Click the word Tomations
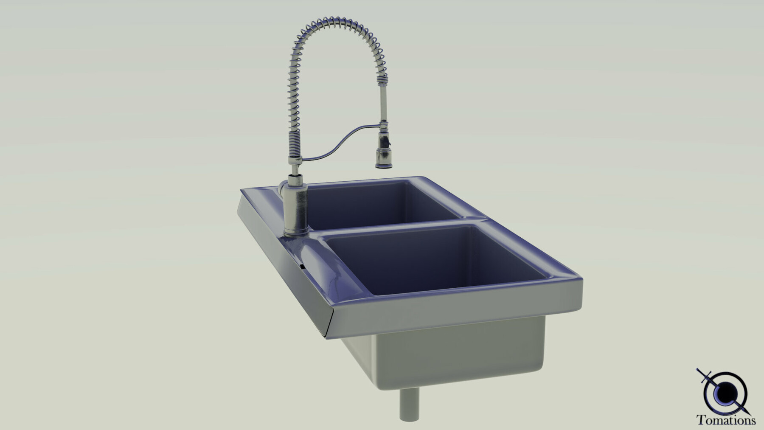coord(726,420)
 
